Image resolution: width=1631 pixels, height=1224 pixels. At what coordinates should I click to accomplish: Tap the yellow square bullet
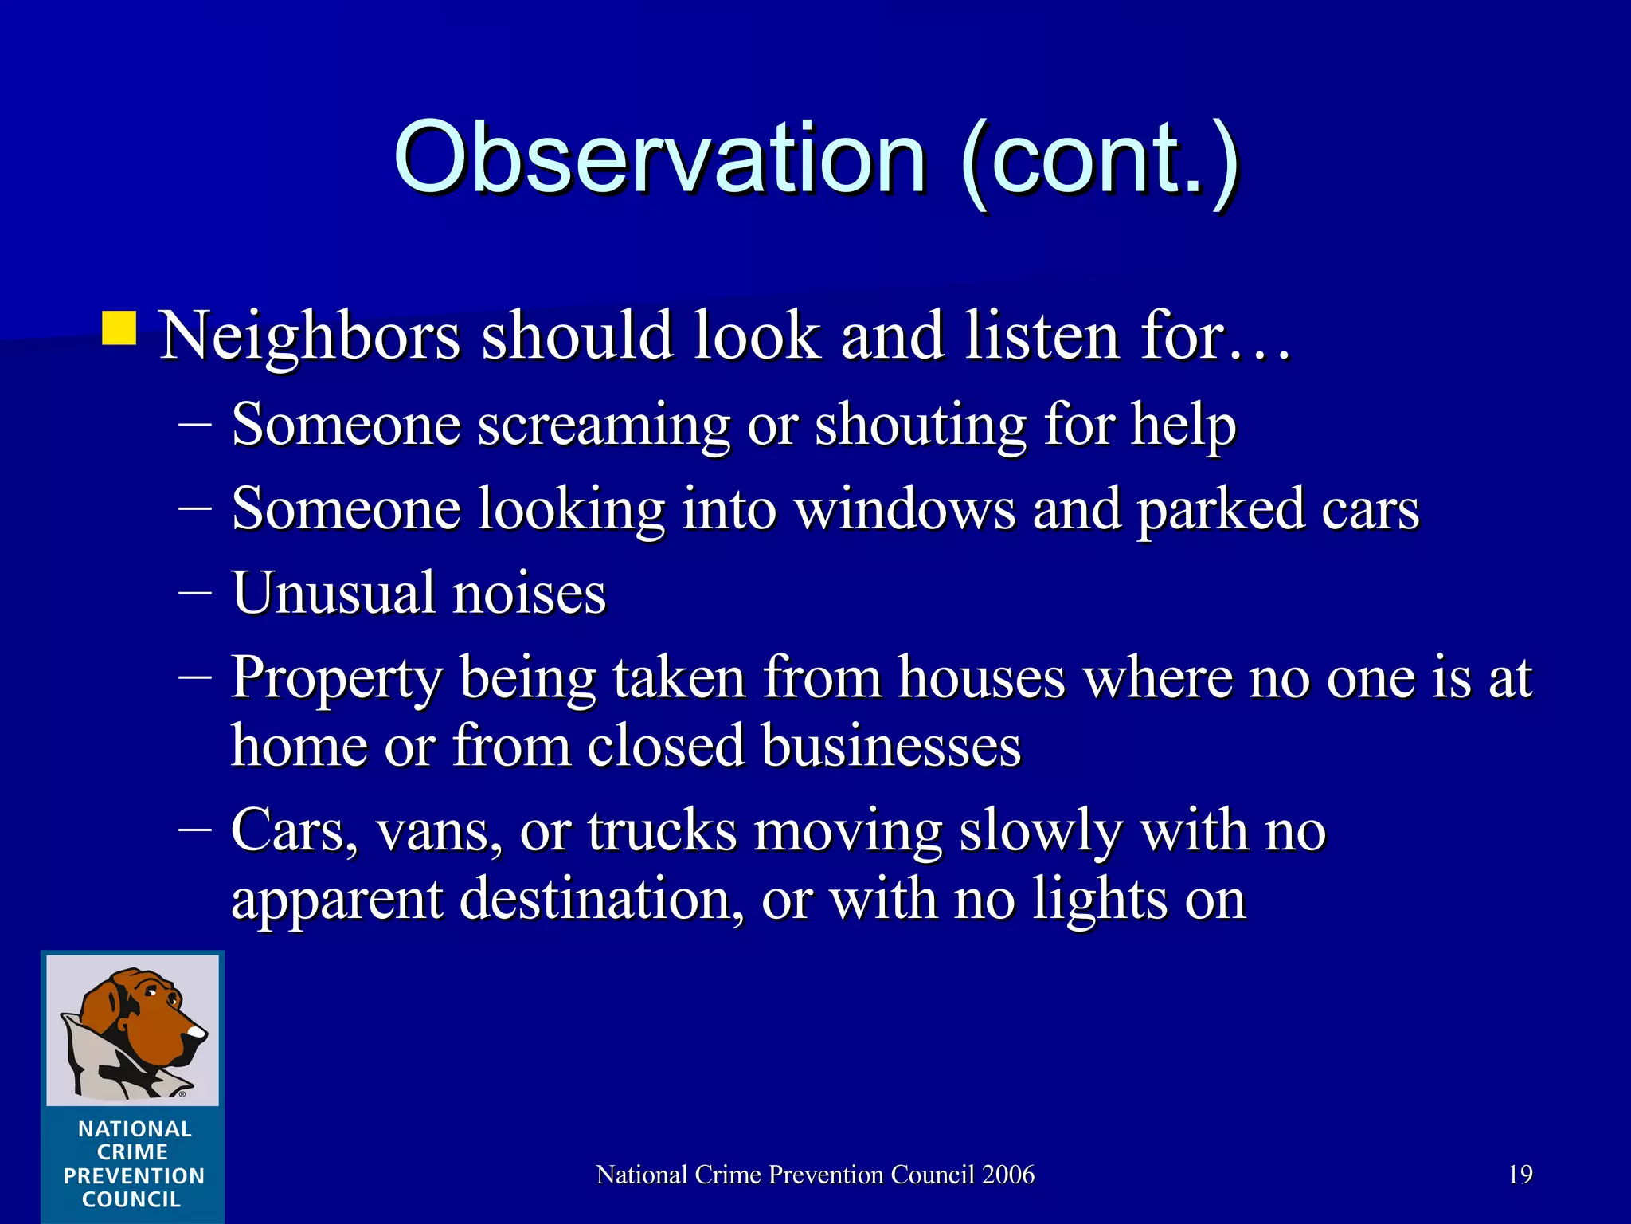[119, 328]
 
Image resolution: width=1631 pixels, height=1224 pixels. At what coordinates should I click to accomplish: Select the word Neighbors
[311, 336]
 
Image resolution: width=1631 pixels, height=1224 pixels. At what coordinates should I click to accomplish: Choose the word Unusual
[334, 594]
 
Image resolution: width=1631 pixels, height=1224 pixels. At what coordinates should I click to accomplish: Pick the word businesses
[891, 747]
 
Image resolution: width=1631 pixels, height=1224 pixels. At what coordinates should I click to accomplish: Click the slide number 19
[1520, 1175]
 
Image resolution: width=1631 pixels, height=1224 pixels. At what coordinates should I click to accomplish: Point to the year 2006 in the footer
[1008, 1175]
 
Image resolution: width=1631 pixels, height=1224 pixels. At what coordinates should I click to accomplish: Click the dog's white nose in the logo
[195, 1034]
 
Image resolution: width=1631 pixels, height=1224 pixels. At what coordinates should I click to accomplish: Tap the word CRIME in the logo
[132, 1152]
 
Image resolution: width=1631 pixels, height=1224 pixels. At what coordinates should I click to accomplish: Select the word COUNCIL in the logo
[132, 1199]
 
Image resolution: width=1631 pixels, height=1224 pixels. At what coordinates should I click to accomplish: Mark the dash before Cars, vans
[195, 830]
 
